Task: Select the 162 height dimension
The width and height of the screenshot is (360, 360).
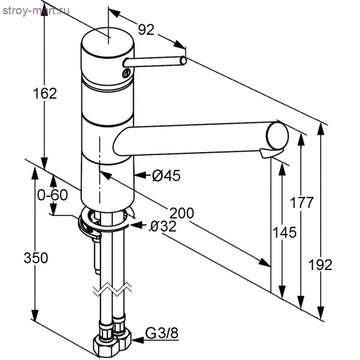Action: tap(45, 94)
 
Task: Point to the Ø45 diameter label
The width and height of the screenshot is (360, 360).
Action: tap(166, 176)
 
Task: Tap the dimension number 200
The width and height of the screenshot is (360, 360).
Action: tap(181, 214)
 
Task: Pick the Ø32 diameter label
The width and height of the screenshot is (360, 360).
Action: tap(163, 227)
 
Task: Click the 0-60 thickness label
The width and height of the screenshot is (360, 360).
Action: tap(52, 195)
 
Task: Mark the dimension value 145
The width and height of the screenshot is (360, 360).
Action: tap(284, 232)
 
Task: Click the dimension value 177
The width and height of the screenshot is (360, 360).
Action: tap(302, 202)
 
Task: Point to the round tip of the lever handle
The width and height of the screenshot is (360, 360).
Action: tap(182, 61)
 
